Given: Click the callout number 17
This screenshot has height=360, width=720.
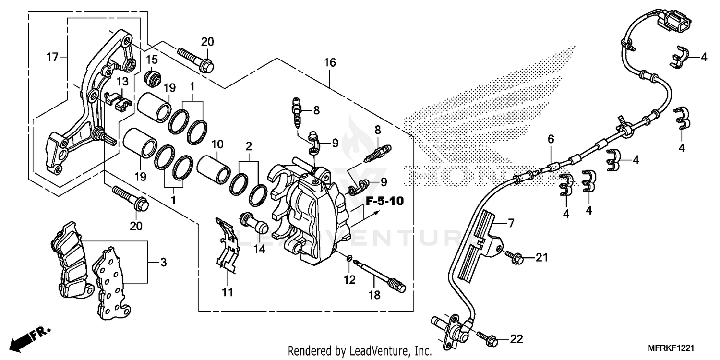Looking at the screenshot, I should (52, 58).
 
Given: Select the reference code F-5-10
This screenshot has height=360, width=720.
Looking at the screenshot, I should (384, 201).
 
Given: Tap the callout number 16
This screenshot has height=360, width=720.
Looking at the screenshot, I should (330, 62).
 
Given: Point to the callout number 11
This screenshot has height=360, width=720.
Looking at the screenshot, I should (228, 291).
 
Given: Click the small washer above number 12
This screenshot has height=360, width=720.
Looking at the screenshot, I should (349, 260).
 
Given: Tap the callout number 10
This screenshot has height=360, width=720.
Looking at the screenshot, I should (217, 144).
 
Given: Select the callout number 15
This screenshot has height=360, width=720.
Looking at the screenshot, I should (152, 60).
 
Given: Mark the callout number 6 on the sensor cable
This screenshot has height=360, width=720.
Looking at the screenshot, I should (551, 139).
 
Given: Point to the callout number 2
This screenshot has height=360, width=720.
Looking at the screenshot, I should (249, 145).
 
